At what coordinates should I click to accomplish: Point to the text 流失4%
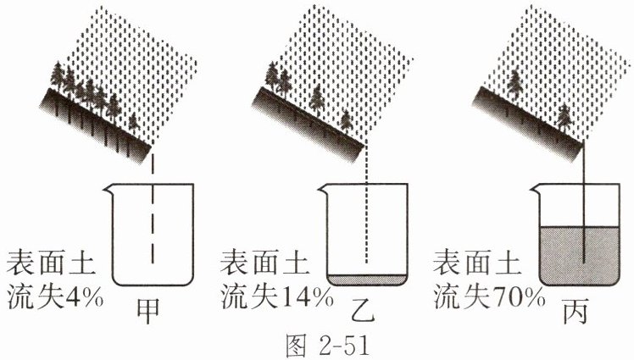(53, 295)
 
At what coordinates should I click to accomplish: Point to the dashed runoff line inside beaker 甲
(153, 229)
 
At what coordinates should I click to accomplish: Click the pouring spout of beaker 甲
(106, 190)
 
